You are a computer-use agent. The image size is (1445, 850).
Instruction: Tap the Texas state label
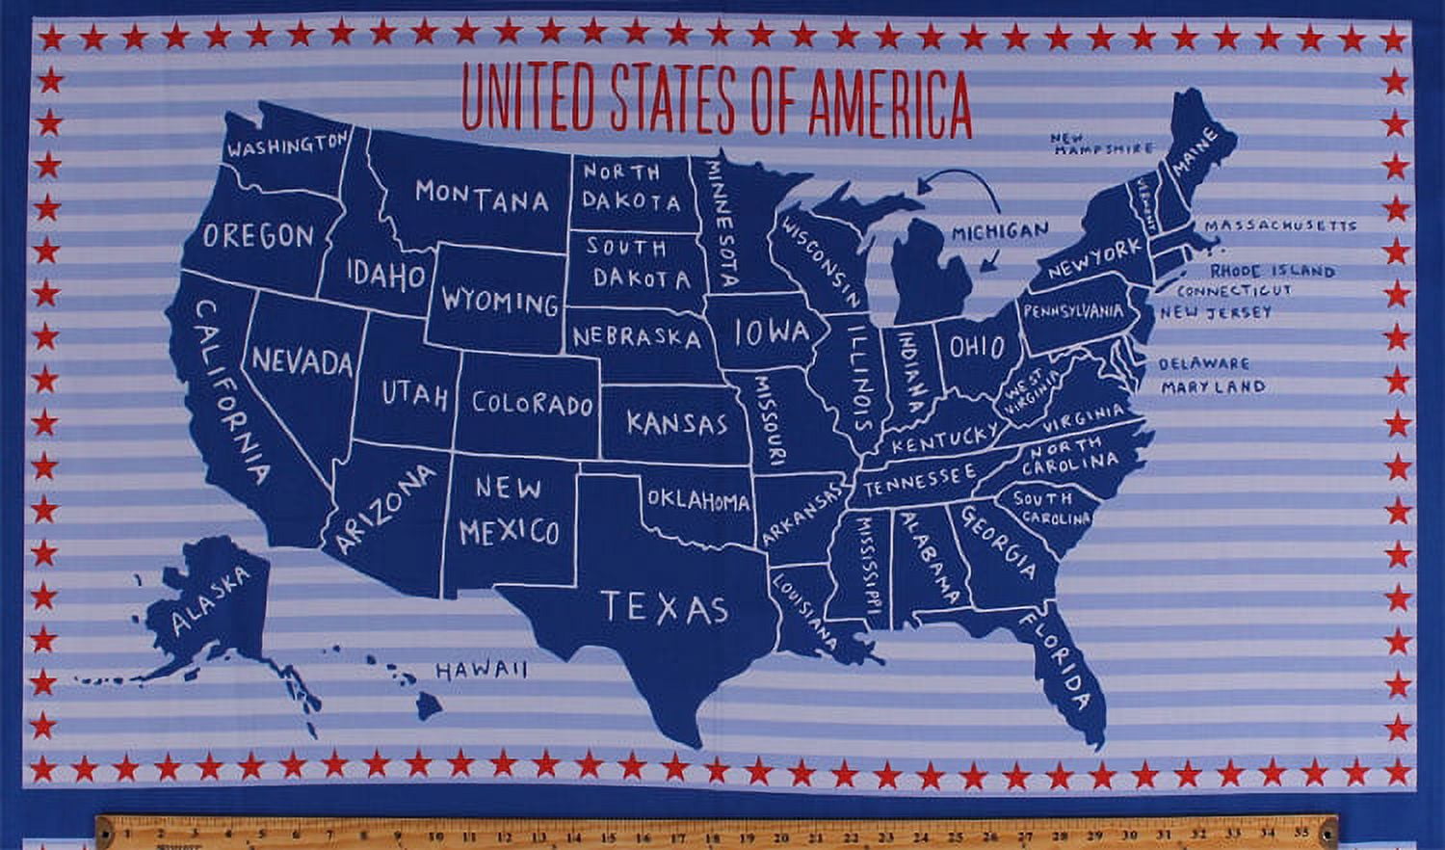click(664, 608)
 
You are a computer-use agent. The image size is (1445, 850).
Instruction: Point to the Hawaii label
click(482, 670)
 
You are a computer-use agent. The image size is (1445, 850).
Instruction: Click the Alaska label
click(209, 599)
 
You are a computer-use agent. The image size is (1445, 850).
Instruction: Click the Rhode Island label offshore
click(1272, 272)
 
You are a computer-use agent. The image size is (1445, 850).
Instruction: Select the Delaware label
click(1203, 364)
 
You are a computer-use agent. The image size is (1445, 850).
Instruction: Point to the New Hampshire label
click(1101, 144)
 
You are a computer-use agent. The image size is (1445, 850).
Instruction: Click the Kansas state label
click(676, 423)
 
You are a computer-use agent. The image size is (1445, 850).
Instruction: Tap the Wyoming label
click(500, 301)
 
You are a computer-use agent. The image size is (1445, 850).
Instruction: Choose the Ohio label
click(977, 347)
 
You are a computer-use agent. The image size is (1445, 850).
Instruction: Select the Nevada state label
click(302, 362)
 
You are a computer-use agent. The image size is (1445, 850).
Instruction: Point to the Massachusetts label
click(1280, 226)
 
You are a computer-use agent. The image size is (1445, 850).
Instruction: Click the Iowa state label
click(771, 333)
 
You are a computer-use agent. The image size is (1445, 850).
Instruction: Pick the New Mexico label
click(509, 510)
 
